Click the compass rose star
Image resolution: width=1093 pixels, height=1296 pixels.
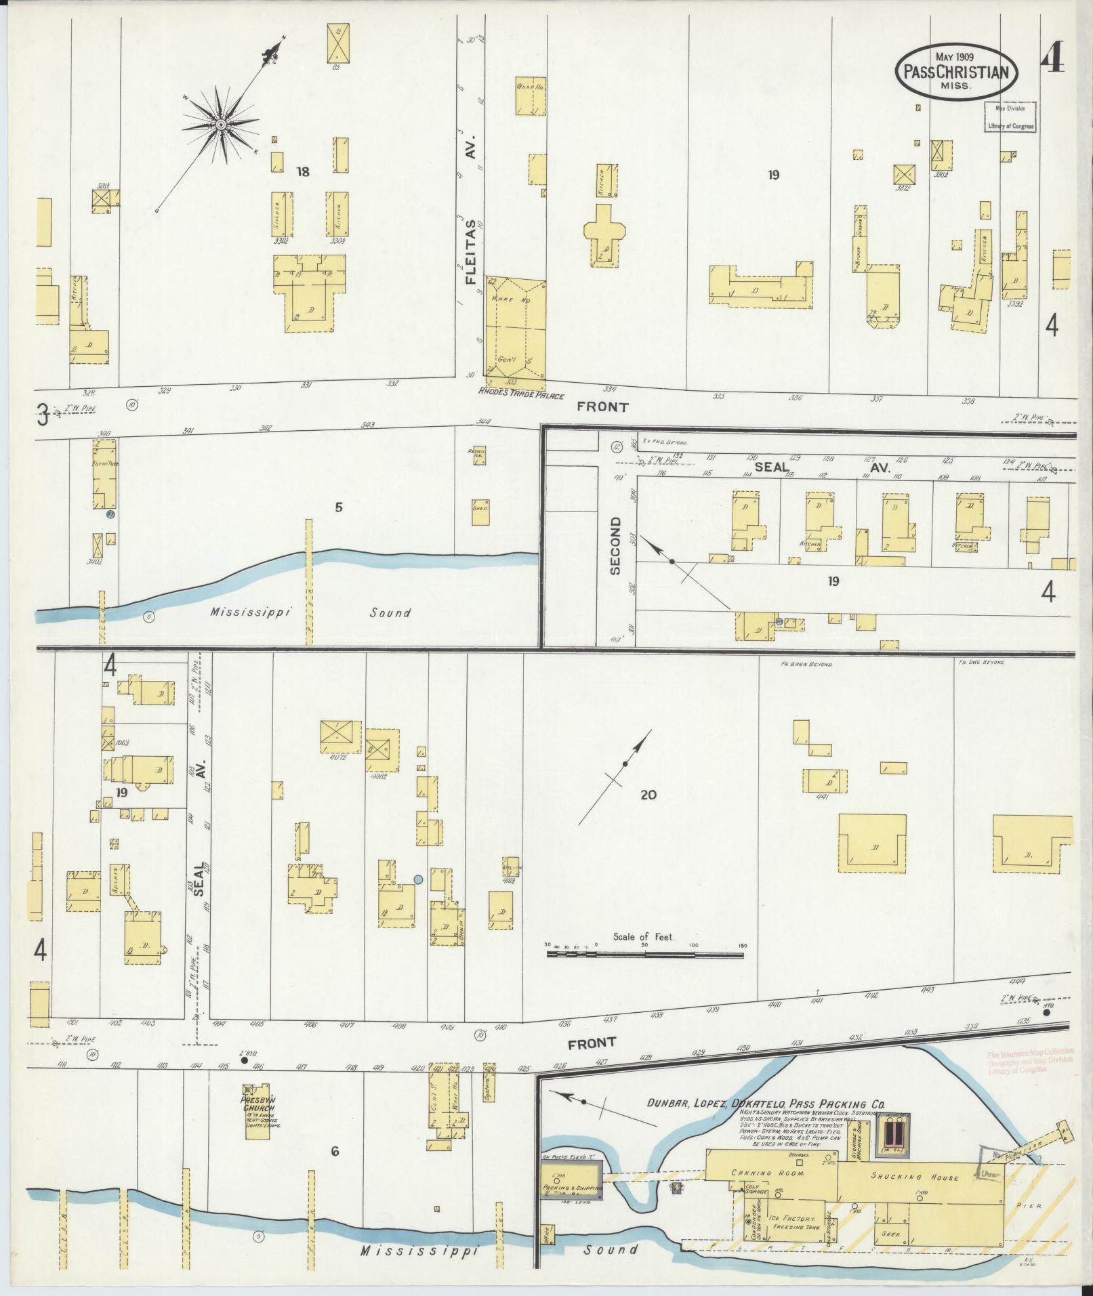(x=221, y=125)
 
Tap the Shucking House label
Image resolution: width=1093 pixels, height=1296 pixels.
(x=915, y=1177)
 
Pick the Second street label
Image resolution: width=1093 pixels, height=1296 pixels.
(x=615, y=545)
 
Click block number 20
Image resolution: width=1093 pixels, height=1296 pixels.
(x=648, y=795)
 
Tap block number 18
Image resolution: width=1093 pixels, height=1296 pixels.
(x=302, y=172)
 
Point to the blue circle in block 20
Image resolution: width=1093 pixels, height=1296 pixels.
(x=418, y=879)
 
